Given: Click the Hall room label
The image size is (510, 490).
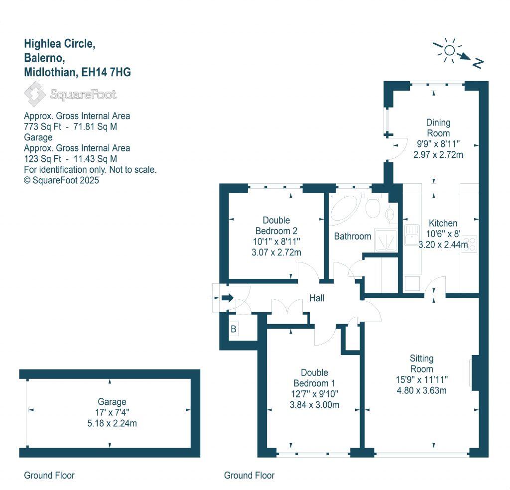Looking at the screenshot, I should point(317,298).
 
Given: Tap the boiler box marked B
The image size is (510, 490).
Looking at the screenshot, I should point(233,329).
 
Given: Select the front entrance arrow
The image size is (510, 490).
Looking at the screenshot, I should point(227,298).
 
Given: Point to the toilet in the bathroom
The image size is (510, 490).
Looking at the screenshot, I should point(373,206).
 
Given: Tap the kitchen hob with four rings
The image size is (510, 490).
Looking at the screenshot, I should point(470,245).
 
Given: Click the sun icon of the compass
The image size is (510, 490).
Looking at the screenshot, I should point(449,50).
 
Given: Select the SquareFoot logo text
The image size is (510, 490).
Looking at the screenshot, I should point(83,94).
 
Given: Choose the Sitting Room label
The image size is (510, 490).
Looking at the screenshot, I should point(421,364).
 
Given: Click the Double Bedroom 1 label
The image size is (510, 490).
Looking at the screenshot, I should point(314,378).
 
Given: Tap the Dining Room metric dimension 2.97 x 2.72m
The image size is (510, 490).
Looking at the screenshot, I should point(438,154).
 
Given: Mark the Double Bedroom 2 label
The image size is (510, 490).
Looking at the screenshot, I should point(276,226).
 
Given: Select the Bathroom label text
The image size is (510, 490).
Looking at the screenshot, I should point(353,236).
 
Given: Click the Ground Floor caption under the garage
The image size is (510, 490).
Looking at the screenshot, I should point(49,476).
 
